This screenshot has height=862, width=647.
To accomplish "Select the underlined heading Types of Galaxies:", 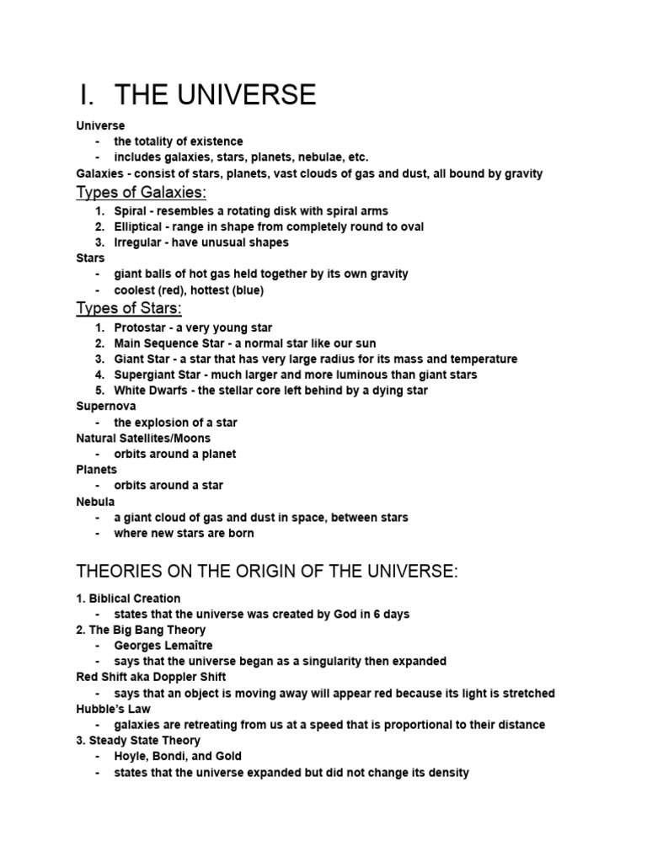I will coord(141,193).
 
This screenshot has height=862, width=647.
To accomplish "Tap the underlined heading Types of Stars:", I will coord(129,309).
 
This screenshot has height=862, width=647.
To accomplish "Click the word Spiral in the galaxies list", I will coord(131,211).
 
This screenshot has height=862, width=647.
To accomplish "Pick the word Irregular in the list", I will coord(137,242).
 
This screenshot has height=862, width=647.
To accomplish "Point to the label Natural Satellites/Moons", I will coord(143,438).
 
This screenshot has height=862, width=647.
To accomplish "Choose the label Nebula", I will coord(95,502).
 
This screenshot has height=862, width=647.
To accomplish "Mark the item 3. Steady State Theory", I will coord(138,741).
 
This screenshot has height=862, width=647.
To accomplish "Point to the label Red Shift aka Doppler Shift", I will coord(151,677).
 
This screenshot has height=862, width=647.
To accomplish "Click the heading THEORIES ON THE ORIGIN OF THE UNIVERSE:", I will coord(268,572).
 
